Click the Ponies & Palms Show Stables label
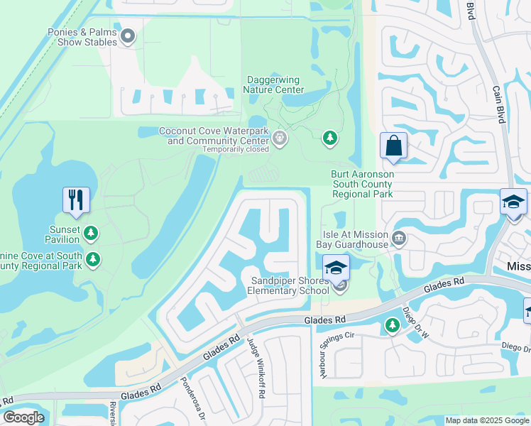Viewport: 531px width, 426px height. [82, 37]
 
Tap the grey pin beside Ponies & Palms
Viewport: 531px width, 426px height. [128, 35]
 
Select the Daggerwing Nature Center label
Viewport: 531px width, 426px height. [275, 84]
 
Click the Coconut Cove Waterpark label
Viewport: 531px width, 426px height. [214, 136]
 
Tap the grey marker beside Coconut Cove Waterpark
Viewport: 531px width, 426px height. [280, 137]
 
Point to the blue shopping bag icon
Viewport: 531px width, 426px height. [393, 146]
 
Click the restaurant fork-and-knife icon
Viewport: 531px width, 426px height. [76, 199]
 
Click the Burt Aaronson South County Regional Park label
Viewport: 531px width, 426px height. [362, 183]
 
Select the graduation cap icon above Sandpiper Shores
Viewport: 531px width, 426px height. [336, 267]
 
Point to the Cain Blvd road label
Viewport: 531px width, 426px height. [498, 105]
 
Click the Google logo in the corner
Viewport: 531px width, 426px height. [23, 417]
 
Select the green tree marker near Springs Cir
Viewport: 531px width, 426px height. [392, 325]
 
